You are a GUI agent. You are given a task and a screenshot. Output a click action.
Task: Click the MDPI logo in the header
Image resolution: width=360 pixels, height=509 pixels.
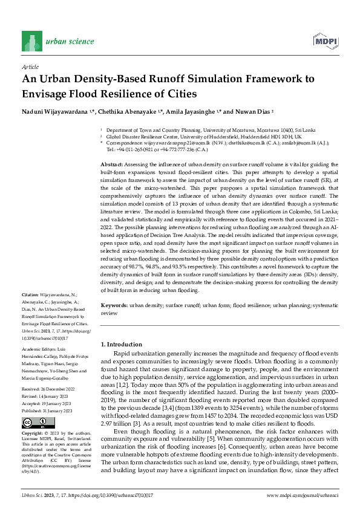(326, 41)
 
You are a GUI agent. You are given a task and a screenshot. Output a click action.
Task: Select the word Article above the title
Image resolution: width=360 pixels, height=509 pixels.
(30, 68)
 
